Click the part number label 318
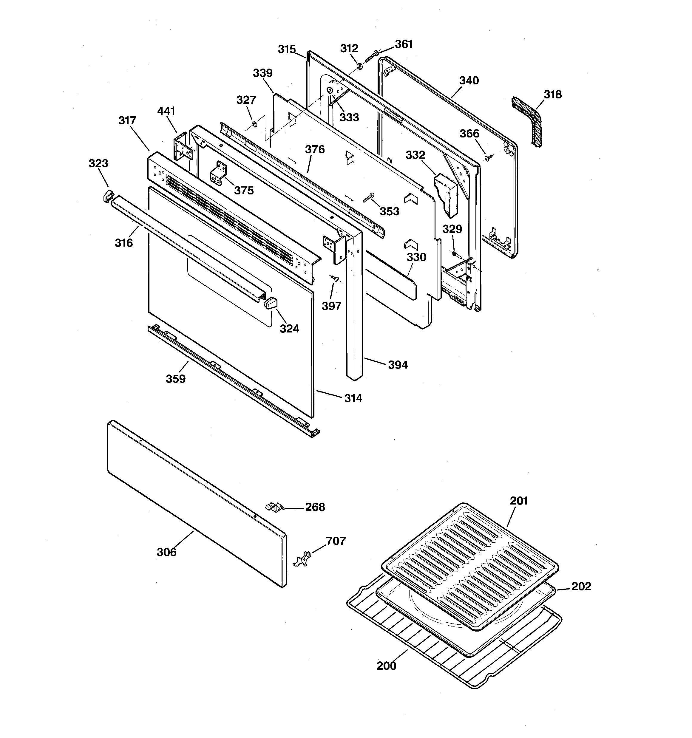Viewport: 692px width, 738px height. tap(553, 95)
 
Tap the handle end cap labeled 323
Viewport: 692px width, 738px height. tap(108, 196)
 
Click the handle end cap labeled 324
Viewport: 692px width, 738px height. tap(271, 303)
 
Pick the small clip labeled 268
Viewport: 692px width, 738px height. tap(274, 506)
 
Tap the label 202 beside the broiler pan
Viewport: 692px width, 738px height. tap(581, 586)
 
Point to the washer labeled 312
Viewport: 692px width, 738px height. tap(359, 66)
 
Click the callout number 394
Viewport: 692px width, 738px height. tap(398, 365)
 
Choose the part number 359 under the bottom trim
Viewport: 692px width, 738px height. tap(175, 379)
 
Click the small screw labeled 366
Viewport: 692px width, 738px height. tap(487, 159)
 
